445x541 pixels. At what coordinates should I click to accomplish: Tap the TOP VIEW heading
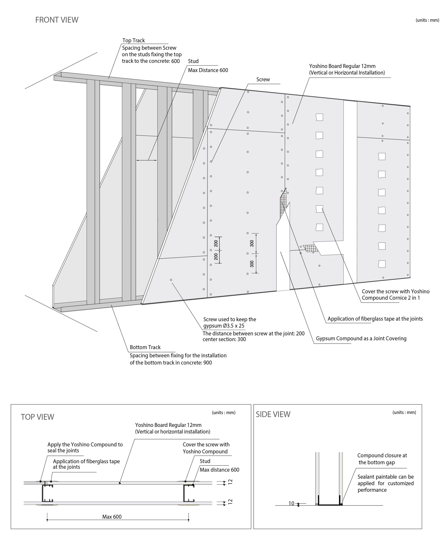tap(37, 417)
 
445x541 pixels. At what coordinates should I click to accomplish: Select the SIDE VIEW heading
tap(273, 414)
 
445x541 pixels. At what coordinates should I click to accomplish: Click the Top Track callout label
tap(134, 41)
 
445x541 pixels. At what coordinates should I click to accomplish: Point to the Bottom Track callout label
tap(145, 347)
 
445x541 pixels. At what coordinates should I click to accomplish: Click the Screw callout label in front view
tap(263, 79)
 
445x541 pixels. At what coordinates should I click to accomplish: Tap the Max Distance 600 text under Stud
tap(208, 70)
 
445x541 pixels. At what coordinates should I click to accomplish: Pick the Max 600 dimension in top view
tap(112, 517)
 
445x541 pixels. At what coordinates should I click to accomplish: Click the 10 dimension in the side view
tap(291, 503)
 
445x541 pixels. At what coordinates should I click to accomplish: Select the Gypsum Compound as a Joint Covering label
tap(361, 339)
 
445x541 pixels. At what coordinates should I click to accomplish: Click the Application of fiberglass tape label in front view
tap(375, 319)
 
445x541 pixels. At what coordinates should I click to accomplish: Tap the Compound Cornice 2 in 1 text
tap(391, 298)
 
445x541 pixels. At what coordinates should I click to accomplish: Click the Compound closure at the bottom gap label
tap(382, 459)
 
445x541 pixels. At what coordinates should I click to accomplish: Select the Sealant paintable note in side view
tap(386, 483)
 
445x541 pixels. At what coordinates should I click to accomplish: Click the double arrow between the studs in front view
tap(146, 160)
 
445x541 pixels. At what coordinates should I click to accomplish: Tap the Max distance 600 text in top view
tap(219, 470)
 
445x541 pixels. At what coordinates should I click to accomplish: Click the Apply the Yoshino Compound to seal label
tap(85, 447)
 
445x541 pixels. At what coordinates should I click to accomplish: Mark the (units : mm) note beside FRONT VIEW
tap(427, 20)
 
